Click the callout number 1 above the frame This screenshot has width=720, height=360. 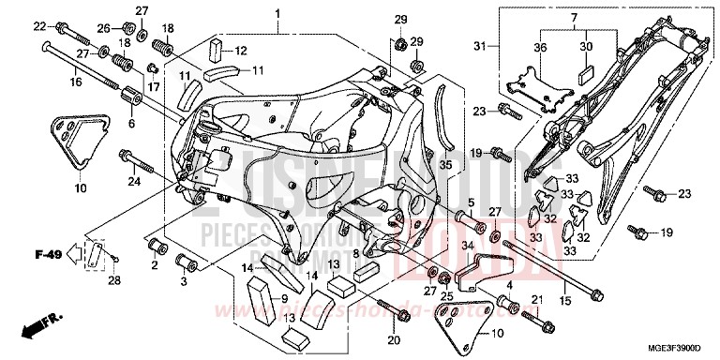coord(278,13)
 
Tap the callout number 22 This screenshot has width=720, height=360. coord(38,26)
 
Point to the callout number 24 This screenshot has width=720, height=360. coord(135,181)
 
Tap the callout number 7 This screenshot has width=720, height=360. coord(574,18)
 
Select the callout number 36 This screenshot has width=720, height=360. coord(541,47)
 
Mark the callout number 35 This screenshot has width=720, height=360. coord(445,165)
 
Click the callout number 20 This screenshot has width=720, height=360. coord(393,339)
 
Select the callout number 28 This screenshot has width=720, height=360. coord(113,279)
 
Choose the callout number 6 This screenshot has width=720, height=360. coord(130,124)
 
